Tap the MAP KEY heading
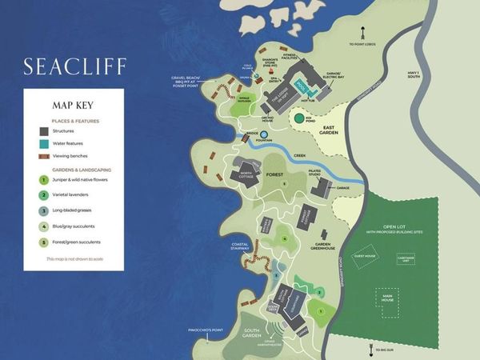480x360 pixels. tap(74, 104)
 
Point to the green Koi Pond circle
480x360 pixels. tap(298, 118)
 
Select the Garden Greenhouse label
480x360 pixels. tap(323, 246)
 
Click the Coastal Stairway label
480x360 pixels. tap(241, 246)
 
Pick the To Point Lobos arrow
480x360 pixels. tap(362, 36)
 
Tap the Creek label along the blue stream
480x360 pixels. tap(300, 157)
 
